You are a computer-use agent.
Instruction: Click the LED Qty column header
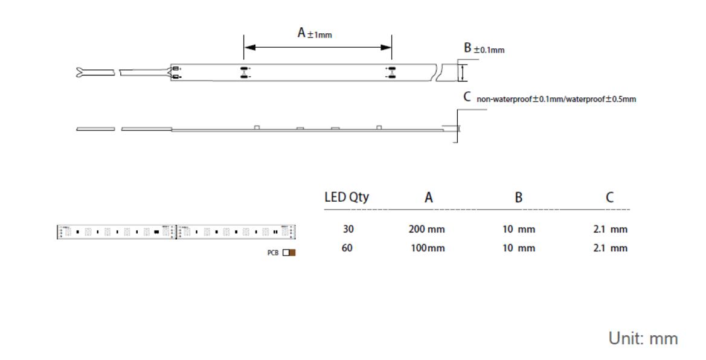coord(347,198)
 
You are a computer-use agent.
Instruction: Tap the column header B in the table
coord(519,198)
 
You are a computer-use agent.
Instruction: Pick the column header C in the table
coord(610,198)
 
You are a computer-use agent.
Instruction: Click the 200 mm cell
coord(427,230)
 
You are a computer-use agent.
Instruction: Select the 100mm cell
coord(427,248)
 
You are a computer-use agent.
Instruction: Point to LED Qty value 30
coord(348,230)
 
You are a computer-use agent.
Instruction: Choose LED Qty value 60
coord(348,248)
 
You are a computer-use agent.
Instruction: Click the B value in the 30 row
coord(519,230)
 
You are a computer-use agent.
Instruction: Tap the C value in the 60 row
coord(610,248)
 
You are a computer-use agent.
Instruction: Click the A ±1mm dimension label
coord(314,34)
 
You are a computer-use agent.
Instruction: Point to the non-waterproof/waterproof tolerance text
coord(556,98)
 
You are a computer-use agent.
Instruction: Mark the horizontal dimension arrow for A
coord(318,48)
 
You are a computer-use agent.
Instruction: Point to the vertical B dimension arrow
coord(463,72)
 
